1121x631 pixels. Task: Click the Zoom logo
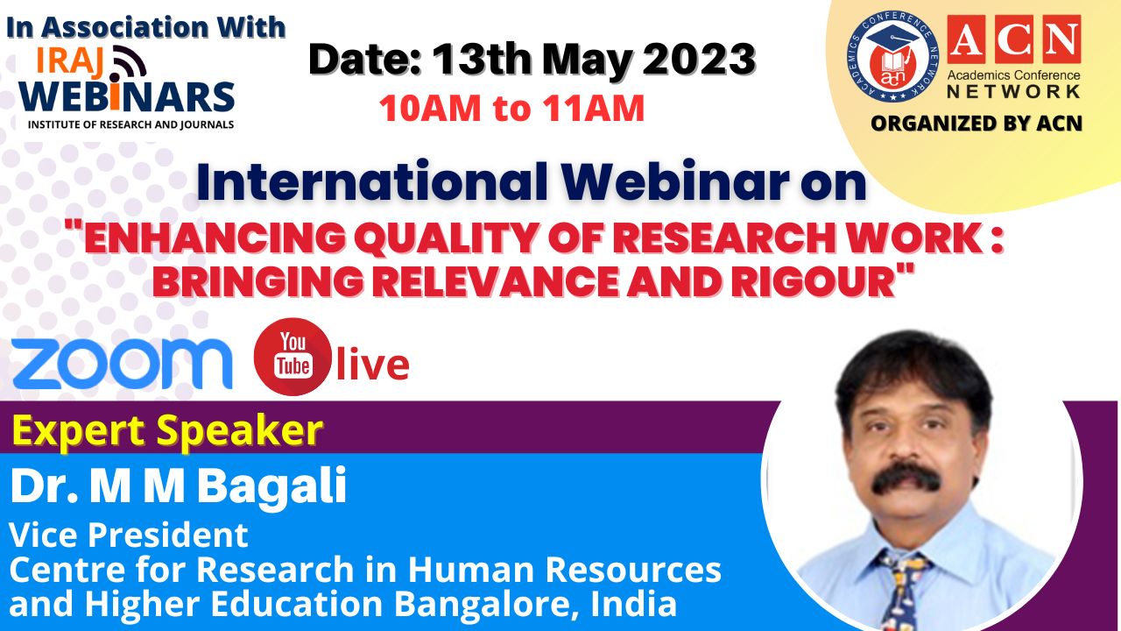pyautogui.click(x=122, y=364)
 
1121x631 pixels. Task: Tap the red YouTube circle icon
pyautogui.click(x=293, y=357)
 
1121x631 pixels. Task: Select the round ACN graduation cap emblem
pyautogui.click(x=892, y=57)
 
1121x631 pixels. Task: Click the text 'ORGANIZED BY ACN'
pyautogui.click(x=976, y=124)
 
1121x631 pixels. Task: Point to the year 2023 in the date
pyautogui.click(x=699, y=60)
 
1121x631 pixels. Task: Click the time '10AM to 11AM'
pyautogui.click(x=511, y=108)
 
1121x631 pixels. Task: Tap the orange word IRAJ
pyautogui.click(x=69, y=62)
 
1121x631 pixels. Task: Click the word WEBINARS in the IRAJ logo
pyautogui.click(x=127, y=96)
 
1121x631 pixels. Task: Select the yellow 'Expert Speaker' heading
pyautogui.click(x=167, y=430)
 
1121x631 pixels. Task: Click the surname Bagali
pyautogui.click(x=272, y=486)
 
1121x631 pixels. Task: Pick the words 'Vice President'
pyautogui.click(x=129, y=535)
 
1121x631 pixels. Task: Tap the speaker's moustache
pyautogui.click(x=906, y=478)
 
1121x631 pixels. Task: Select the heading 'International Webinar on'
pyautogui.click(x=532, y=181)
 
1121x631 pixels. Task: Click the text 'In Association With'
pyautogui.click(x=145, y=27)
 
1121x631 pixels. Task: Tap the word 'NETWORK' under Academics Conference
pyautogui.click(x=1014, y=92)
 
